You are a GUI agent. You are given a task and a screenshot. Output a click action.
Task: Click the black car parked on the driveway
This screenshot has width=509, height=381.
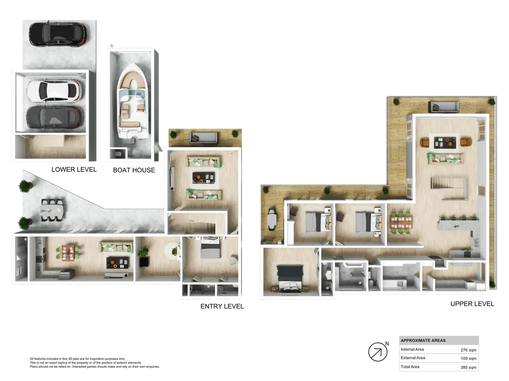[x=58, y=34]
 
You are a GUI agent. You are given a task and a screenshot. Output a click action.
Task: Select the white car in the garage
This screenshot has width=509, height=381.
[x=54, y=91]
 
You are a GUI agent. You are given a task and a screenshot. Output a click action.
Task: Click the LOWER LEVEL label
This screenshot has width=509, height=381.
[x=74, y=169]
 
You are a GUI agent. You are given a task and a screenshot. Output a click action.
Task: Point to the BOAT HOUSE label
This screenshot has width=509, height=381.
[x=134, y=170]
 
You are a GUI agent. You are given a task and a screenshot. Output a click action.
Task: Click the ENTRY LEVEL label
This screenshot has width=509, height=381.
[x=222, y=306]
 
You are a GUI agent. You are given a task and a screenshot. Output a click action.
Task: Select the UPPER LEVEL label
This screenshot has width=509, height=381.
[x=472, y=304]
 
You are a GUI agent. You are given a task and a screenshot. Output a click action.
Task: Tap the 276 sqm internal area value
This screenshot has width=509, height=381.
[x=468, y=350]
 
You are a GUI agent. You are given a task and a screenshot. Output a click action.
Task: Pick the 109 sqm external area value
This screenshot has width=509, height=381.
[x=468, y=358]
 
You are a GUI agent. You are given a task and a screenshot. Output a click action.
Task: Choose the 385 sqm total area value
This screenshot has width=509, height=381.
[x=468, y=367]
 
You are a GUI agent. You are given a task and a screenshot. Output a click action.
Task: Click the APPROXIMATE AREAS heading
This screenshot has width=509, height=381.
[x=423, y=341]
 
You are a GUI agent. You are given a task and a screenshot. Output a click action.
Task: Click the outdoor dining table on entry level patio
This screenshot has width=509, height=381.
[x=52, y=210]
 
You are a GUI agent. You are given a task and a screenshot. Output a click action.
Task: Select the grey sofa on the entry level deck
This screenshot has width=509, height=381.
[x=204, y=137]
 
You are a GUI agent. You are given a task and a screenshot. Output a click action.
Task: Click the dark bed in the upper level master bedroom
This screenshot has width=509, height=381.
[x=289, y=279]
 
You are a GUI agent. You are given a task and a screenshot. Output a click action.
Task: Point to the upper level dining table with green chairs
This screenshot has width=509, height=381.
[x=400, y=222]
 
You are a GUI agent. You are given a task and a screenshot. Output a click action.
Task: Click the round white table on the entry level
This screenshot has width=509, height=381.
[x=172, y=251]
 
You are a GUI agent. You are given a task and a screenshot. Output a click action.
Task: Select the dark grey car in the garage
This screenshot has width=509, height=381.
[x=54, y=117]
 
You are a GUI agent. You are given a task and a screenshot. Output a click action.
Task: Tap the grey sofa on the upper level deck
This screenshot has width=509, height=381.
[x=443, y=107]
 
